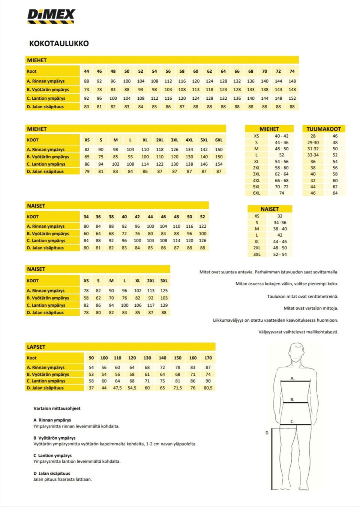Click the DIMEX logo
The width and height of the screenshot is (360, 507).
click(x=51, y=16)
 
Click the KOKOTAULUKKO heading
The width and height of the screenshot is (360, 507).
click(x=59, y=43)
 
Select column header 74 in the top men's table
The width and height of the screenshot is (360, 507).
click(x=292, y=71)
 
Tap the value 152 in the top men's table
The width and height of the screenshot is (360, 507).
click(x=292, y=98)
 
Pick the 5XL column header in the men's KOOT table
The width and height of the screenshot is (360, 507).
click(x=204, y=140)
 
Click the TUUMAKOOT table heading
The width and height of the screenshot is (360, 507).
click(x=324, y=129)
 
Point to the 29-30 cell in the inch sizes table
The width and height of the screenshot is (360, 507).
click(x=313, y=142)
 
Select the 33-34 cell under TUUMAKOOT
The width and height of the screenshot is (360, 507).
click(x=313, y=155)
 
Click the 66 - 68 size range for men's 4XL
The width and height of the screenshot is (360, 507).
click(x=282, y=180)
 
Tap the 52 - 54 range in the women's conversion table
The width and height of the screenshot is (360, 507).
click(x=280, y=254)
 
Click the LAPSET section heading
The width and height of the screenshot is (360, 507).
click(x=36, y=347)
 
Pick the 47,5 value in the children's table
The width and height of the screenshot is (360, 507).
click(x=117, y=388)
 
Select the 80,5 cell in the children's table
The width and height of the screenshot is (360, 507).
click(x=208, y=388)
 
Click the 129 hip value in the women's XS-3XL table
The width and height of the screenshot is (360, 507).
click(x=164, y=305)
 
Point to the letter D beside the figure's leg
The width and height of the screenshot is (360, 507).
click(x=267, y=433)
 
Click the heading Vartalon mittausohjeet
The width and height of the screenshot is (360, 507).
click(x=57, y=408)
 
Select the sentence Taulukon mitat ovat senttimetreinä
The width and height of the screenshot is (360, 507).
click(x=302, y=296)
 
